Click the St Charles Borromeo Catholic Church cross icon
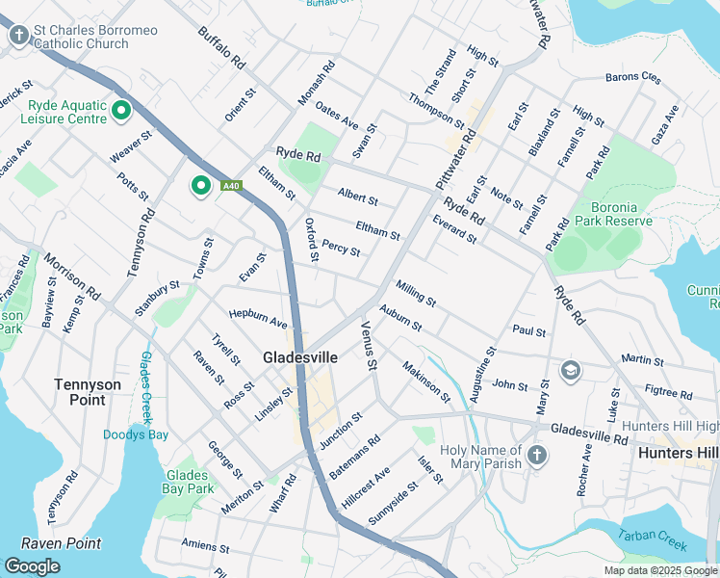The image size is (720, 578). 18,37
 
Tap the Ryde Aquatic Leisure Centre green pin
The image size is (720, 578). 121,112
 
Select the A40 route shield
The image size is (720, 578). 230,186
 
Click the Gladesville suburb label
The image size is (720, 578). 300,357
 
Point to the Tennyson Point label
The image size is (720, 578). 88,391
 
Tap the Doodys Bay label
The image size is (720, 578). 136,434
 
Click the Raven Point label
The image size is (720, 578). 61,543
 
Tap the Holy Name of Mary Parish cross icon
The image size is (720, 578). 536,454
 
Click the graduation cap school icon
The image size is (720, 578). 571,371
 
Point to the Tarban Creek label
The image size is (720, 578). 653,540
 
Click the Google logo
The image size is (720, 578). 32,566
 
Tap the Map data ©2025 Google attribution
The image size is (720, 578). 660,570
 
